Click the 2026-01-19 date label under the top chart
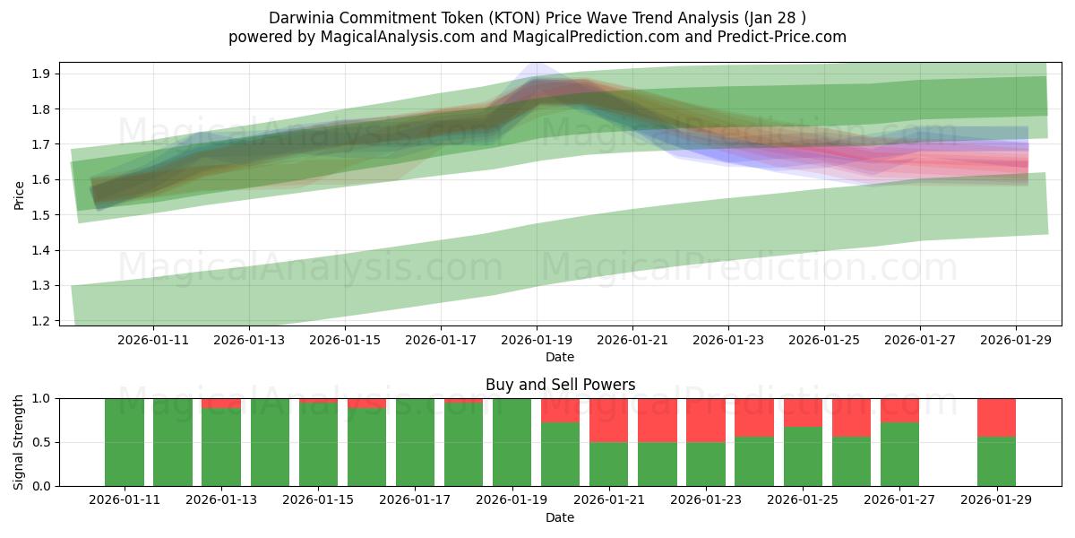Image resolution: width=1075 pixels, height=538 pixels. [537, 340]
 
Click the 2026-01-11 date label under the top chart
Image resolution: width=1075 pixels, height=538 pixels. [152, 340]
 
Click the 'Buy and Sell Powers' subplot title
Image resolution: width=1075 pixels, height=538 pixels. [560, 385]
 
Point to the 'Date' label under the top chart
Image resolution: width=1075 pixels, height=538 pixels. [560, 357]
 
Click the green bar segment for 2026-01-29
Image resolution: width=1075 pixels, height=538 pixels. [996, 462]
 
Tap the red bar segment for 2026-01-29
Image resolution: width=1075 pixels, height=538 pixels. [996, 417]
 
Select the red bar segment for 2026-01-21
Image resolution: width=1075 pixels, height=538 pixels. [608, 420]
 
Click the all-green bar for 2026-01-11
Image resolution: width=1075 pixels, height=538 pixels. [124, 442]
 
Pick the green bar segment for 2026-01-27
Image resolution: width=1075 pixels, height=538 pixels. [899, 455]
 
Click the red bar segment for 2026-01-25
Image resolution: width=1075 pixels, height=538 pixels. [803, 412]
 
